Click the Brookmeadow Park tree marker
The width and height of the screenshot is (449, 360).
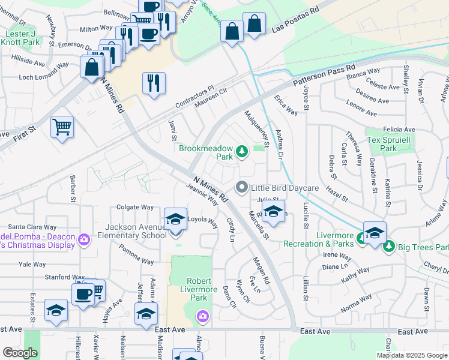[242, 151]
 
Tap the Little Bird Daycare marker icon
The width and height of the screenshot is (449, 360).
[242, 188]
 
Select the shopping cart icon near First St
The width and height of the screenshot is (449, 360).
[62, 127]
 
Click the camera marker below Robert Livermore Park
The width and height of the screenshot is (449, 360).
[203, 316]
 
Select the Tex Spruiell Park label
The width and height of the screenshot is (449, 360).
[391, 143]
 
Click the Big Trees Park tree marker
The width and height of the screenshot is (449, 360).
[389, 246]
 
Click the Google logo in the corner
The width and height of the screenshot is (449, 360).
[20, 352]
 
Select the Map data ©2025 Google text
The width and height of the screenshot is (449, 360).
[411, 355]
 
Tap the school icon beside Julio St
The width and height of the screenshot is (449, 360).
[273, 213]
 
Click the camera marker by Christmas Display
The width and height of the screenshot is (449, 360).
[83, 239]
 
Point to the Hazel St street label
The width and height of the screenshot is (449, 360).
[337, 193]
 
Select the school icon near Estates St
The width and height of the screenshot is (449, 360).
[56, 310]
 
